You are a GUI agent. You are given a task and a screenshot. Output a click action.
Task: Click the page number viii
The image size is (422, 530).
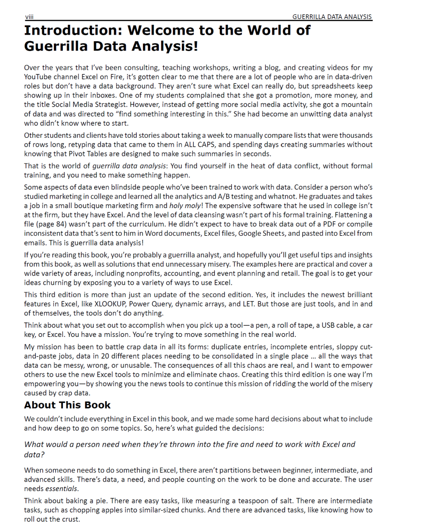29,17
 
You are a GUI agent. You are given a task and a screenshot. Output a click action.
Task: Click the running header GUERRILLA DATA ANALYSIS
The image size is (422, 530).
332,17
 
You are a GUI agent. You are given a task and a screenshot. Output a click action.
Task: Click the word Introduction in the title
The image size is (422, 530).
71,30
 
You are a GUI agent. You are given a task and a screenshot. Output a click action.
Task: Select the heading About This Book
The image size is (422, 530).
68,405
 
